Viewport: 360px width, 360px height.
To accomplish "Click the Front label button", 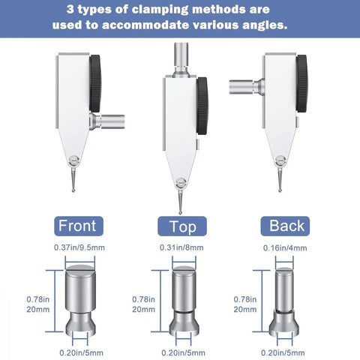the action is coord(79,226).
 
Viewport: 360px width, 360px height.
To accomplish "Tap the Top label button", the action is coord(182,226).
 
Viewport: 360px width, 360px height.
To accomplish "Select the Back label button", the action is coord(285,226).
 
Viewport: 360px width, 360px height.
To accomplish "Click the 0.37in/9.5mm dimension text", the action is coord(79,247).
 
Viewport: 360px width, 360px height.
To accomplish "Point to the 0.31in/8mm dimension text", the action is coord(181,247).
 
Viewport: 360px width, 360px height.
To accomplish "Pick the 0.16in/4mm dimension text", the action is coord(285,248).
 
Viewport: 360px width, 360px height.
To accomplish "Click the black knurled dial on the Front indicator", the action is coord(95,84).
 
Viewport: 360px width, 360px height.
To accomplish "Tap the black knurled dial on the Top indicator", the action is coord(202,106).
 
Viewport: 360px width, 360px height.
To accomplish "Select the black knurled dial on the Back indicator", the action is coord(301,84).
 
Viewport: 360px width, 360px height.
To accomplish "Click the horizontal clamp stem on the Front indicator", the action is coord(108,121).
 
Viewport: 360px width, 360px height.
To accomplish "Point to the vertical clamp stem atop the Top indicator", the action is coord(181,59).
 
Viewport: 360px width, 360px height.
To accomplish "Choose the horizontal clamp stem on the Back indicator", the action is coord(247,87).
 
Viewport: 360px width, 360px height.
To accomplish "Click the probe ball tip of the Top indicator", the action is coord(181,213).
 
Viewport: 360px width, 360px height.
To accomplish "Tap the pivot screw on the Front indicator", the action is coord(74,160).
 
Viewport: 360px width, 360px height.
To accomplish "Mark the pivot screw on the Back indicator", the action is coord(280,160).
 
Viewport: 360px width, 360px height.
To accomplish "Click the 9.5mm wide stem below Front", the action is coord(80,301).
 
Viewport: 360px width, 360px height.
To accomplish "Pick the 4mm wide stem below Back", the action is coord(284,302).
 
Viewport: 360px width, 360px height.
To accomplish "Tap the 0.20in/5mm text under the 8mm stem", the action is coord(183,353).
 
